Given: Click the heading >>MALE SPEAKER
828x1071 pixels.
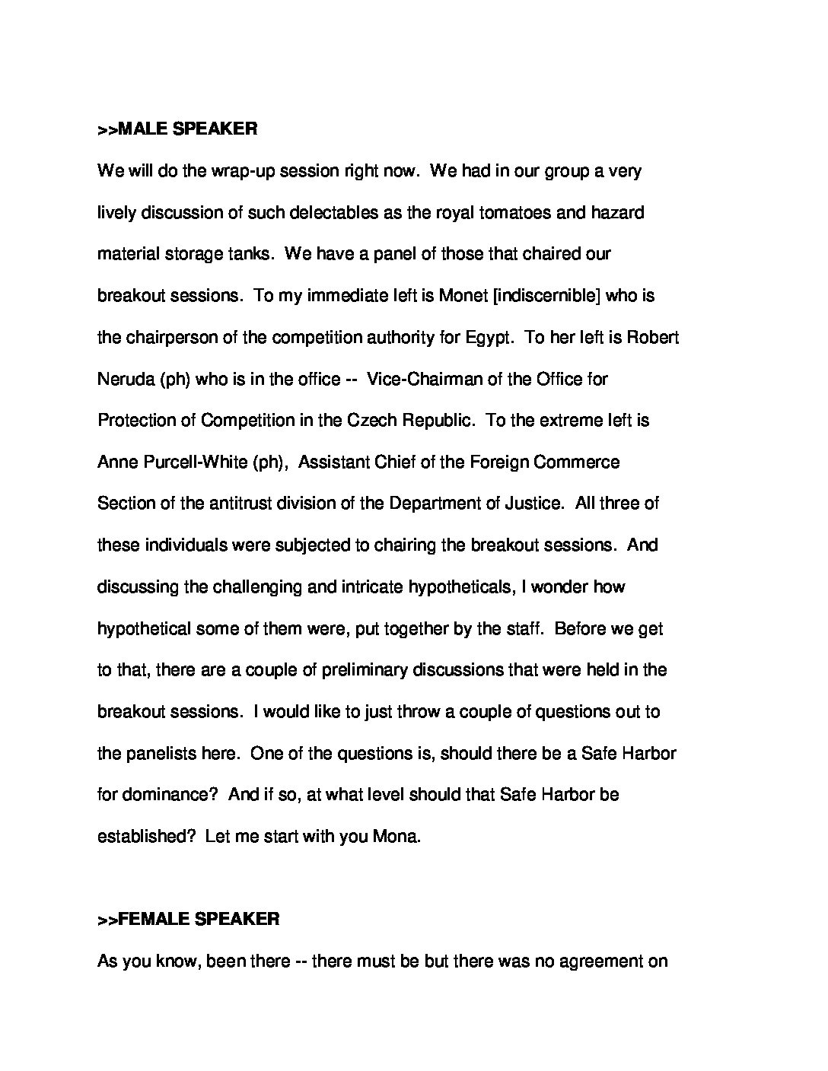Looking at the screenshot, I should pyautogui.click(x=177, y=129).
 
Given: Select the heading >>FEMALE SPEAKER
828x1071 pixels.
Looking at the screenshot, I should pyautogui.click(x=188, y=919).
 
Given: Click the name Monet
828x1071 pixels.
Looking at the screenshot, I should pyautogui.click(x=463, y=296).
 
